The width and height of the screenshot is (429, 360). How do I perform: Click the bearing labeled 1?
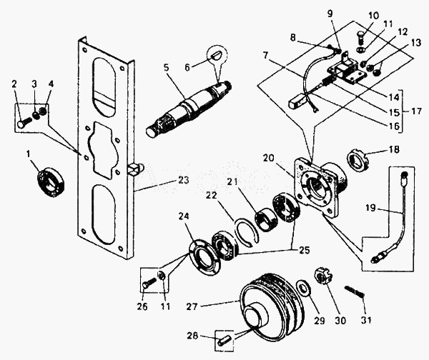click(50, 181)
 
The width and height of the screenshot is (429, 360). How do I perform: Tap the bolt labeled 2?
click(24, 121)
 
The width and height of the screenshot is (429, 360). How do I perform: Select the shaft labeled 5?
click(189, 107)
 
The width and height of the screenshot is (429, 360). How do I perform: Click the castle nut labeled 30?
click(323, 276)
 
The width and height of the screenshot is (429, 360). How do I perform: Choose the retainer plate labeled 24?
click(204, 257)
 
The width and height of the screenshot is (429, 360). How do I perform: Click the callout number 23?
click(183, 181)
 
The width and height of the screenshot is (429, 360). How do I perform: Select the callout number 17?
click(415, 111)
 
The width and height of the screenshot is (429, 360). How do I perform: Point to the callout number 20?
click(269, 158)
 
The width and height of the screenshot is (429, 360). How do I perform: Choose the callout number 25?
click(303, 250)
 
